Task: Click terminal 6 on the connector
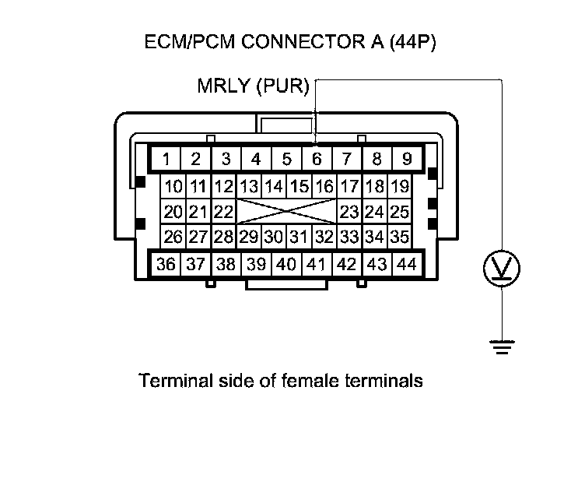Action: click(316, 160)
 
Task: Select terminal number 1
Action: click(166, 160)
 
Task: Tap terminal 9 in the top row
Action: click(406, 160)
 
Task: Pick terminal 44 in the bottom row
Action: click(406, 264)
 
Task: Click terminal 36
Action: click(166, 264)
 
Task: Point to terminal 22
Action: click(223, 212)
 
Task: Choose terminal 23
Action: click(349, 212)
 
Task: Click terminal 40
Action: click(285, 264)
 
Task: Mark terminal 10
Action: click(173, 187)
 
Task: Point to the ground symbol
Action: click(503, 347)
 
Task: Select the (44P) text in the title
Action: click(410, 42)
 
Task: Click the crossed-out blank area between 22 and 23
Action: click(286, 212)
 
